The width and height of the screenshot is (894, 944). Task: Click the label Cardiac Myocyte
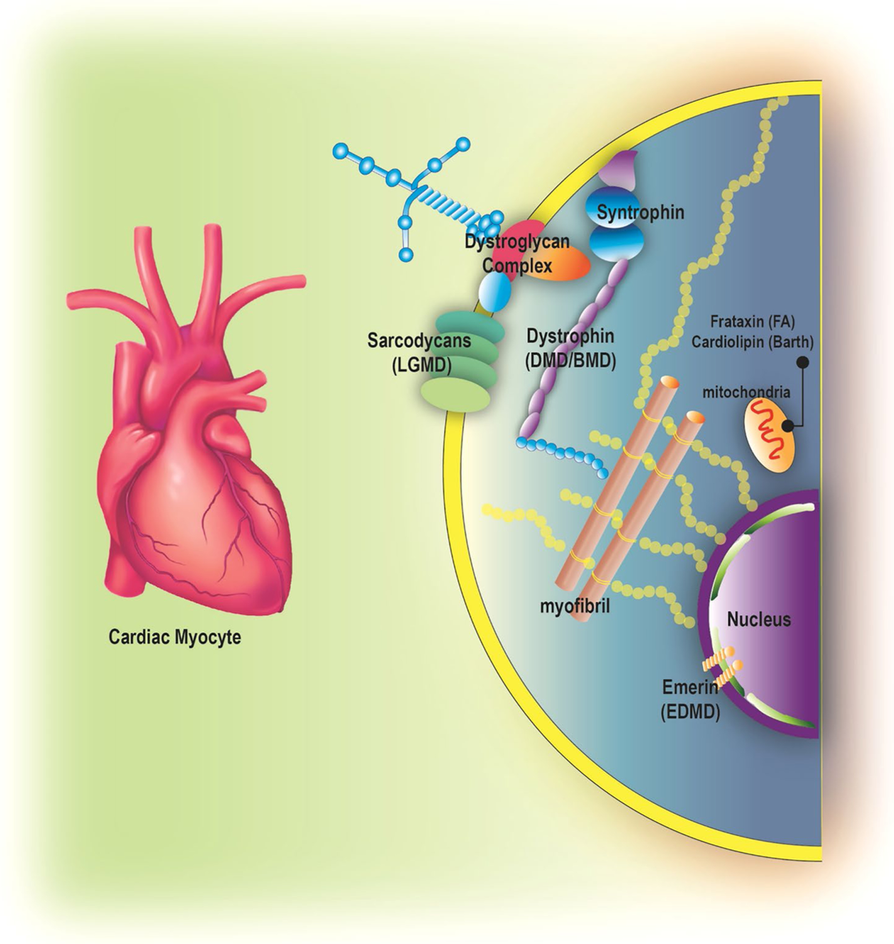click(174, 637)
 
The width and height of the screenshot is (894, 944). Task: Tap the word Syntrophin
click(640, 212)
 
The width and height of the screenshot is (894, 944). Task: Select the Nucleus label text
click(758, 619)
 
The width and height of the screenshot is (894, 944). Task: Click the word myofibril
click(575, 606)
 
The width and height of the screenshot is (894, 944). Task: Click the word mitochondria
click(746, 392)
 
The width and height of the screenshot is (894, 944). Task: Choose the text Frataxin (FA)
click(752, 322)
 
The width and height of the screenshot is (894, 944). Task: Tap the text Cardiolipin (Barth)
click(752, 342)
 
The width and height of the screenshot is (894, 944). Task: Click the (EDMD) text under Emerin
click(690, 712)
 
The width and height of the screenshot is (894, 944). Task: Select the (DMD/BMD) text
click(570, 361)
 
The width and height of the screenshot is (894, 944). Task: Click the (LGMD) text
click(422, 366)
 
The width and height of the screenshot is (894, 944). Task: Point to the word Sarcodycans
click(419, 341)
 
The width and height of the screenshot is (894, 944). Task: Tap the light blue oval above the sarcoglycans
click(494, 291)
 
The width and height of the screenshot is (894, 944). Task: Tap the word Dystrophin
click(570, 336)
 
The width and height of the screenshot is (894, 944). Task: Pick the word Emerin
click(690, 687)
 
